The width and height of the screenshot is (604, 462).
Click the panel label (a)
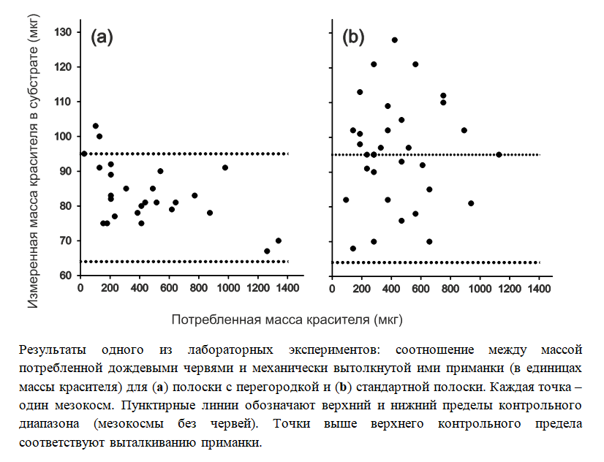[101, 38]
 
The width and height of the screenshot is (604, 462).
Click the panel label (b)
[354, 38]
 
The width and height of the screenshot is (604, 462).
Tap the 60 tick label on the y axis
[64, 276]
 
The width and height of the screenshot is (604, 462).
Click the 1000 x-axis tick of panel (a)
[228, 289]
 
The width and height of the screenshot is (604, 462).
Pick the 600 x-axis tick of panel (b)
[420, 289]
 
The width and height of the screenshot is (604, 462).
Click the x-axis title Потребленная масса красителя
[287, 319]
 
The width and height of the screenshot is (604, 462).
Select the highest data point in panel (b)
[394, 40]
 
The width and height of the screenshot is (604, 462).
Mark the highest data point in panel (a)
[95, 126]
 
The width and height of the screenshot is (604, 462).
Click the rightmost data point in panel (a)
[278, 241]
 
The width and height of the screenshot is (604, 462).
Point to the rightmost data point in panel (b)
[499, 154]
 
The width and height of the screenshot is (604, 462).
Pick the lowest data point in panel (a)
[267, 251]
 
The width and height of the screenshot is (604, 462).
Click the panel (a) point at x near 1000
[225, 167]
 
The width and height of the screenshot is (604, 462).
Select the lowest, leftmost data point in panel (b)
[353, 249]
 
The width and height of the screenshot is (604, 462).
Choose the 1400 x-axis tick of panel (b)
[539, 289]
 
